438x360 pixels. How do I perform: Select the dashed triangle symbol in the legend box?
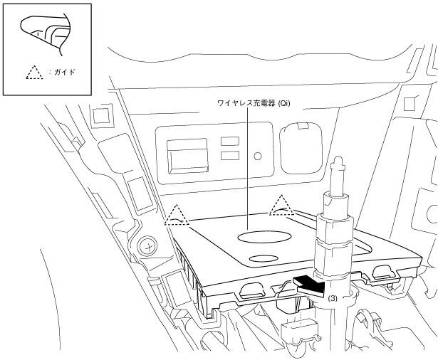click(x=33, y=72)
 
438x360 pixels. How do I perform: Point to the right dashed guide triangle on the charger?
click(x=282, y=205)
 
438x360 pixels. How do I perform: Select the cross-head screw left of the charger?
click(x=148, y=245)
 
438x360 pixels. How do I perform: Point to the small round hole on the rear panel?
click(x=257, y=154)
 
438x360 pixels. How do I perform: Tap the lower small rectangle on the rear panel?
click(x=229, y=154)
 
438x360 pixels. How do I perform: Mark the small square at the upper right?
click(x=410, y=104)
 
